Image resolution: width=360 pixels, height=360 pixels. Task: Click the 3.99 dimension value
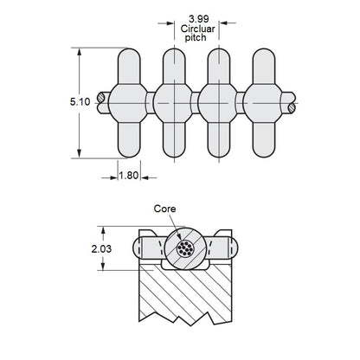(199, 19)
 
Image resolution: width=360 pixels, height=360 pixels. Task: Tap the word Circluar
(198, 29)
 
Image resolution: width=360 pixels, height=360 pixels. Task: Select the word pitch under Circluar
(196, 38)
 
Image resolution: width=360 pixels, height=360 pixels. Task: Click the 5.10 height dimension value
(80, 102)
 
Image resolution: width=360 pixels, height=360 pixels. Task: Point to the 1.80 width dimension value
(129, 175)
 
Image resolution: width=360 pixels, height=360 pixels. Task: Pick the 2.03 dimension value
(101, 248)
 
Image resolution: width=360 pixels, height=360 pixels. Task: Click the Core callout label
(164, 209)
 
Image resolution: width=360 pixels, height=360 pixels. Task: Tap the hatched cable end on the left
(101, 98)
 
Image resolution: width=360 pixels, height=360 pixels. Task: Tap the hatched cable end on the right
(292, 108)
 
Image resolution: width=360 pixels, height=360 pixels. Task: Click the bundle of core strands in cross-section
(185, 248)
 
